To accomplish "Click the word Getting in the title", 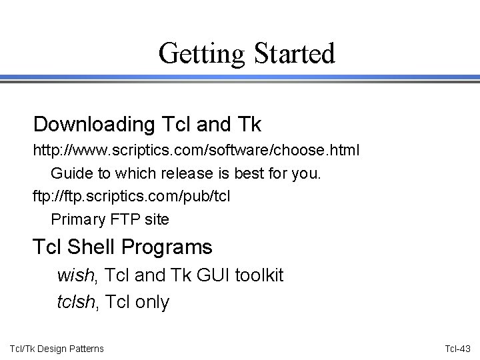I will [193, 53].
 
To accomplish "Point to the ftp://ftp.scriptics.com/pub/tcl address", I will [133, 197].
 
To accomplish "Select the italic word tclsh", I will [77, 303].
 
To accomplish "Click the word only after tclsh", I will [153, 303].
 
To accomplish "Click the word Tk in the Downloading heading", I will [248, 124].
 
